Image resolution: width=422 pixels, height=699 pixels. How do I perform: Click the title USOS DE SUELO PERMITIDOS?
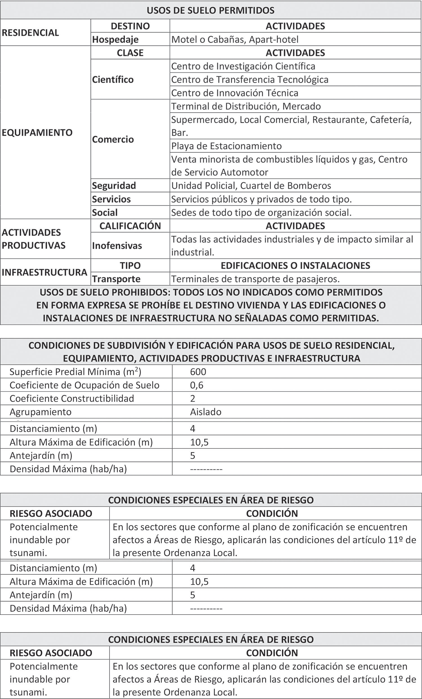[210, 10]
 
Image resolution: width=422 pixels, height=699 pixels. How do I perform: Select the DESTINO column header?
[130, 26]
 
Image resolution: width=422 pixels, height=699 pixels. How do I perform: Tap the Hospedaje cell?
[115, 39]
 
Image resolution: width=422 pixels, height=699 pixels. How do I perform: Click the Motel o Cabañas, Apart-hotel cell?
[235, 39]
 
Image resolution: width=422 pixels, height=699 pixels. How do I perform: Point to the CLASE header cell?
[130, 53]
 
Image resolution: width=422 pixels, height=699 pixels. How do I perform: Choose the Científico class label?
[113, 80]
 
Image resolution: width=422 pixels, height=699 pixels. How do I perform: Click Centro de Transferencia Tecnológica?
[250, 80]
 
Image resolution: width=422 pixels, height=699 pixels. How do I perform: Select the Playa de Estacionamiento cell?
[226, 146]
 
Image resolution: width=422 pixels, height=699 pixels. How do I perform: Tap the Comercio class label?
[113, 139]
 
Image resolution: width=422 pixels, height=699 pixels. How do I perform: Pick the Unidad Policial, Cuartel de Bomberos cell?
[251, 186]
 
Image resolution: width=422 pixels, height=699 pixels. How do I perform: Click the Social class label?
[104, 212]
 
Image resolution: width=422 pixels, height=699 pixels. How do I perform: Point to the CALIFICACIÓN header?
[130, 226]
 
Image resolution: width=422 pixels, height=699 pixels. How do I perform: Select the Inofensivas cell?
[117, 246]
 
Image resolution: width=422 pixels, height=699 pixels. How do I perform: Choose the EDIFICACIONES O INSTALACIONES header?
[295, 266]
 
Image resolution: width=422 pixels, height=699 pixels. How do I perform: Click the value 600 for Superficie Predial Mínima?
[198, 372]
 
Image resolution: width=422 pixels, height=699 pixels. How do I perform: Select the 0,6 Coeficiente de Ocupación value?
[197, 385]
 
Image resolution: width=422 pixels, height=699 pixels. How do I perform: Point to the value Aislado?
[206, 412]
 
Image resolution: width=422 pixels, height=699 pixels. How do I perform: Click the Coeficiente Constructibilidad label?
[71, 398]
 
